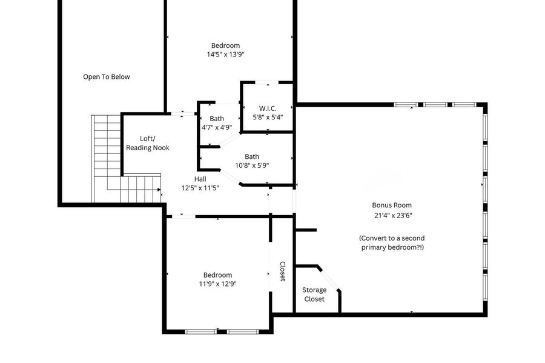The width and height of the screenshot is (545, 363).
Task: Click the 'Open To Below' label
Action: [x=107, y=77]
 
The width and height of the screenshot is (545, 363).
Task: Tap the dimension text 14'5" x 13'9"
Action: [x=226, y=55]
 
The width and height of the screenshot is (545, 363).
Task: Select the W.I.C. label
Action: [x=268, y=108]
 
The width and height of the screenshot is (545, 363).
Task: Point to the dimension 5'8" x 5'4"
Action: [x=268, y=117]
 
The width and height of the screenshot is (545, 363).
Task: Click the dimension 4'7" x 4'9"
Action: [x=217, y=127]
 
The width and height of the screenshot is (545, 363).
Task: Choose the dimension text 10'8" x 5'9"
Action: [x=252, y=165]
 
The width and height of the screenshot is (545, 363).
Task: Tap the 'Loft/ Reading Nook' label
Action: [x=147, y=143]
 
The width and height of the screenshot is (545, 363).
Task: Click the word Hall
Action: [x=200, y=179]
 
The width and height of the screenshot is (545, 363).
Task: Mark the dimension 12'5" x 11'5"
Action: [x=200, y=188]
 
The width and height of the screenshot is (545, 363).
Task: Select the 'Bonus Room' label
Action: [x=392, y=205]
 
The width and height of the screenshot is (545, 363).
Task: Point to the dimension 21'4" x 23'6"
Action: [x=393, y=215]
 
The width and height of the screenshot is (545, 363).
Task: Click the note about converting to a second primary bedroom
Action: [x=392, y=242]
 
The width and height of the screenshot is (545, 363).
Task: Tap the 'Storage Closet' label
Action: [x=314, y=295]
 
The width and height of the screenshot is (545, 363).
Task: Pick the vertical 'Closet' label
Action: [x=283, y=271]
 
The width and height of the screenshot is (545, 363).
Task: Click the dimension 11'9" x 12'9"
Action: [x=217, y=284]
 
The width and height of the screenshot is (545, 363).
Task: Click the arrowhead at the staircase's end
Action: [x=159, y=190]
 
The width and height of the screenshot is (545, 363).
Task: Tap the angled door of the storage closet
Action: [x=328, y=279]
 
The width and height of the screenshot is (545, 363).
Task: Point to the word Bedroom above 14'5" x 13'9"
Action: [x=226, y=45]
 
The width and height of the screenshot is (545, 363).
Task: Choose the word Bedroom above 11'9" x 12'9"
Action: [x=217, y=275]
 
